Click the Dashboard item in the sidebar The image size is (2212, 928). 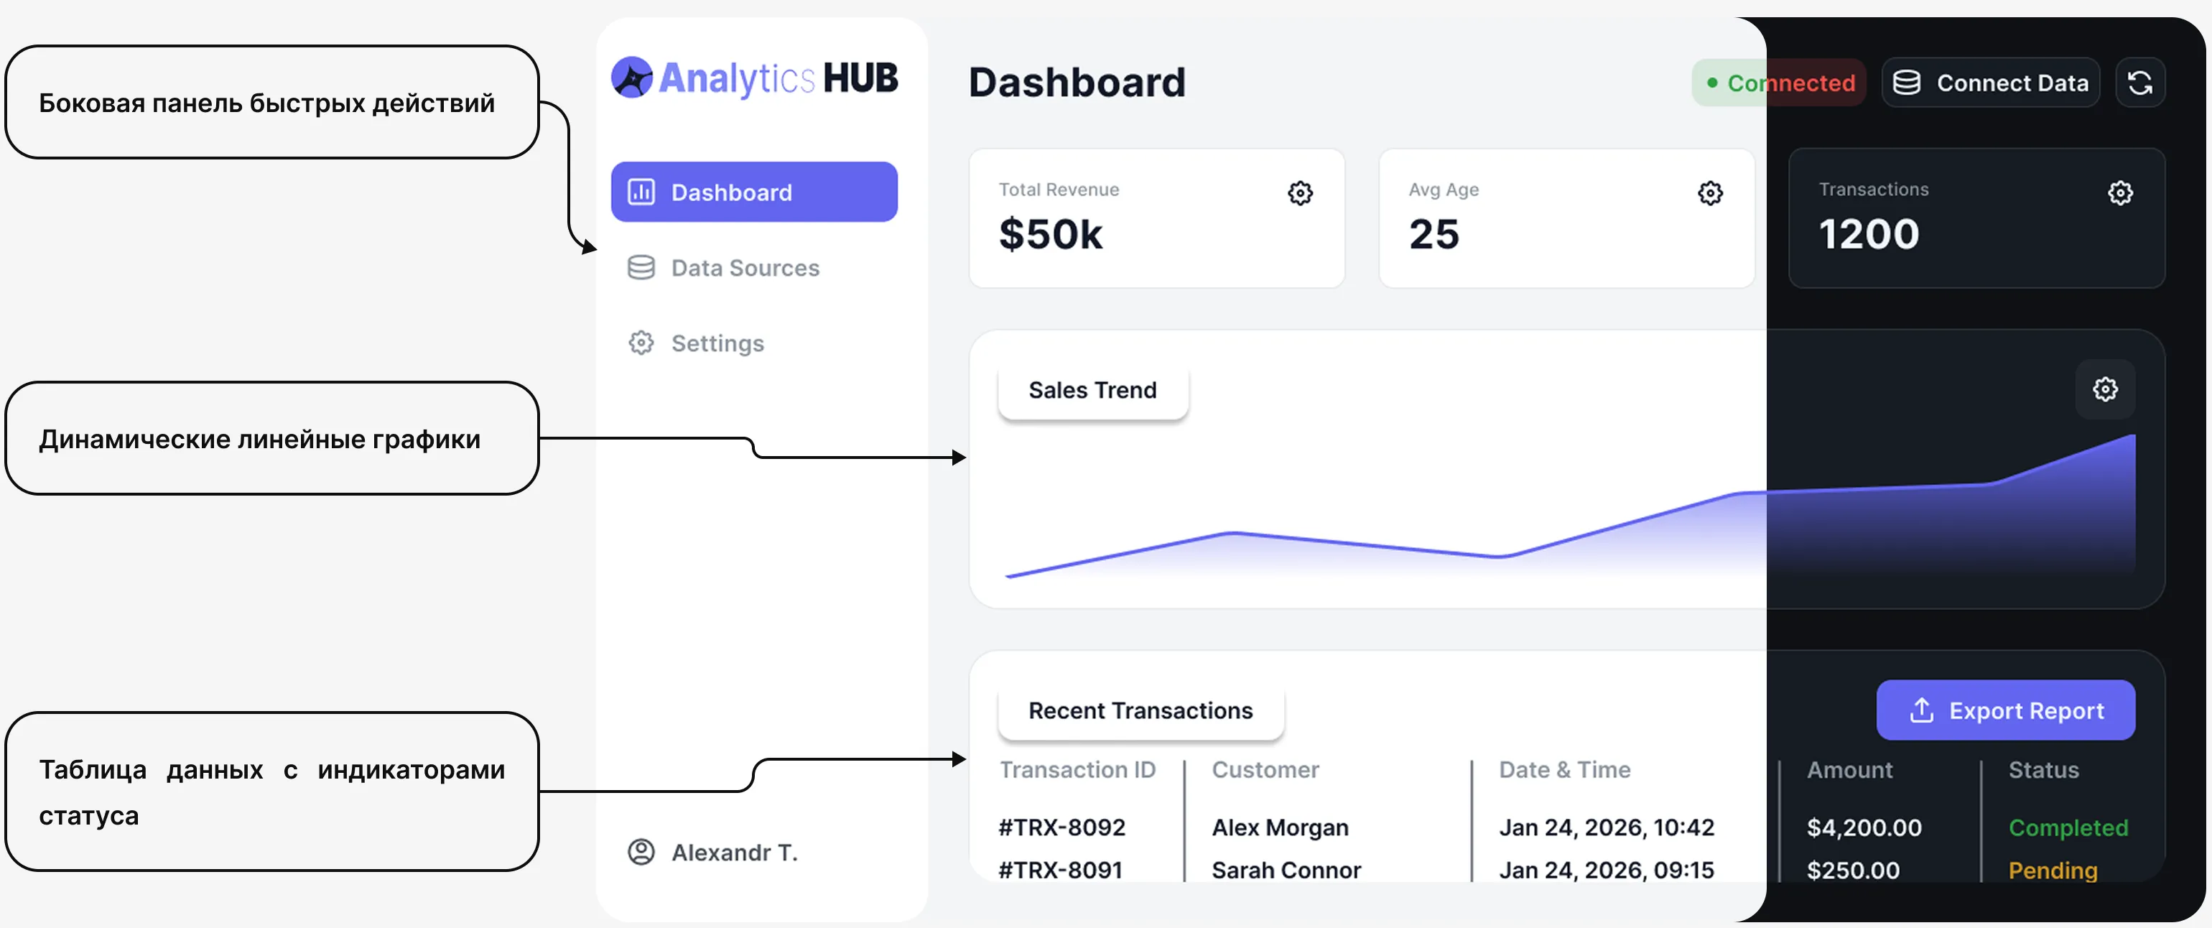(754, 192)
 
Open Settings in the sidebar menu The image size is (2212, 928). (716, 343)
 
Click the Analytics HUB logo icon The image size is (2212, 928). (632, 78)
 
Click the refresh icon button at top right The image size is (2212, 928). (2140, 83)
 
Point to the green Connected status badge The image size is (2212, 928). (1777, 83)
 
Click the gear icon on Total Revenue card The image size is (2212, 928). (1300, 193)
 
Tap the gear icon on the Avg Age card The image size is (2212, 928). (1710, 193)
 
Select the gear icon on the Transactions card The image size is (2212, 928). (2120, 193)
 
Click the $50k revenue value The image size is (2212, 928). (1050, 234)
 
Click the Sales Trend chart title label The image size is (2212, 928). (1092, 391)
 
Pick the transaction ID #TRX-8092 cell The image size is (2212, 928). (1061, 827)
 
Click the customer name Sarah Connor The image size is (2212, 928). (1286, 870)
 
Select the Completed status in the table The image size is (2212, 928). (2068, 827)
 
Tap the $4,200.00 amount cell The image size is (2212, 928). (1864, 827)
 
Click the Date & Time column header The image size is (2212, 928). (1564, 770)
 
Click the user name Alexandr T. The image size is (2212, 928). (734, 853)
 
